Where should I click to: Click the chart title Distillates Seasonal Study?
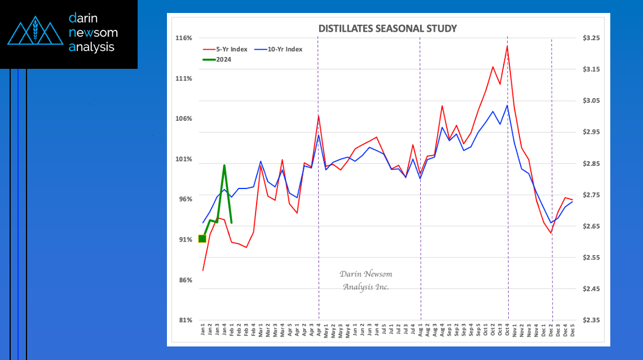(x=387, y=28)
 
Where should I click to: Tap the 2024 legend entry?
(x=224, y=59)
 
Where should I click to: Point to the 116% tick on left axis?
(x=184, y=38)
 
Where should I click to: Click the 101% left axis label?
(x=184, y=159)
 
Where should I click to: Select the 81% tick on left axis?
(x=185, y=320)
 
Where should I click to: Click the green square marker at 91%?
(x=202, y=239)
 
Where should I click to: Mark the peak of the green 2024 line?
(x=224, y=166)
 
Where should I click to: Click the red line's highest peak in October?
(x=507, y=46)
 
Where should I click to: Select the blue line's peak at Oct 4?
(x=507, y=106)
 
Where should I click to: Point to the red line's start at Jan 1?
(x=202, y=270)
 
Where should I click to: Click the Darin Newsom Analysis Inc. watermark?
(x=365, y=280)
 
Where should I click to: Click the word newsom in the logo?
(x=93, y=33)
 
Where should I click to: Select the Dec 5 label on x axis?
(x=572, y=331)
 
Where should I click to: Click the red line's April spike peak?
(x=319, y=116)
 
